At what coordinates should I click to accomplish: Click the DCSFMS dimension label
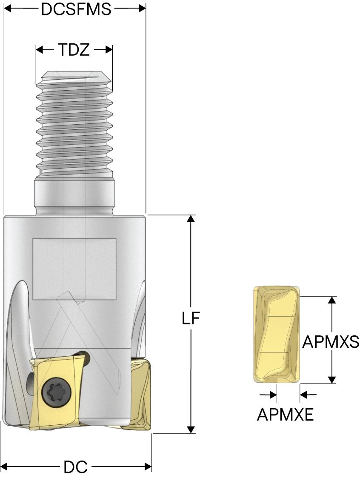pos(76,9)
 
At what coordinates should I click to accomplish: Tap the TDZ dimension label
pos(74,50)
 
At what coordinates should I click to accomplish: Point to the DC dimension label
pos(75,467)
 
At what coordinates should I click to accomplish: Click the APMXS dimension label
pos(330,341)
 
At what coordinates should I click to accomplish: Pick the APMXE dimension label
pos(285,414)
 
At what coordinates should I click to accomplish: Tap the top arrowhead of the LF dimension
pos(191,219)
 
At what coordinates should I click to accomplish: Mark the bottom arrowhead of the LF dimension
pos(191,429)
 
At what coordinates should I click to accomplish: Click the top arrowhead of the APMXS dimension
pos(333,300)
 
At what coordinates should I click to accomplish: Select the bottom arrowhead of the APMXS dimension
pos(333,379)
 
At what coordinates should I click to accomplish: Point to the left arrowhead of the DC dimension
pos(5,467)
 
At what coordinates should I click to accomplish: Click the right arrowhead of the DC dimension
pos(148,467)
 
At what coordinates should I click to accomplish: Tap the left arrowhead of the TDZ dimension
pos(40,50)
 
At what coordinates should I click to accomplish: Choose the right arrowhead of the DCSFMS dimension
pos(142,9)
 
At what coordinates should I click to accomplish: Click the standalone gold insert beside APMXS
pos(277,334)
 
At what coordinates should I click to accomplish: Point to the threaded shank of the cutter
pos(74,123)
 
